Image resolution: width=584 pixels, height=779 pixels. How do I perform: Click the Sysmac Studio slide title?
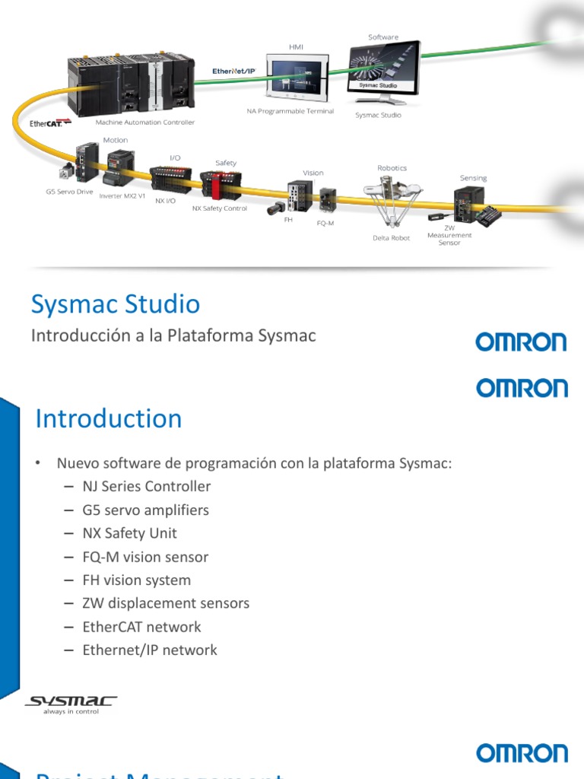click(x=116, y=305)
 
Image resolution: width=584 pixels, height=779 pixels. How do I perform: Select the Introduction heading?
click(x=109, y=419)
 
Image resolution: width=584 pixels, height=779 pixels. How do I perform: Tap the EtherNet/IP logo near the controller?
click(x=234, y=70)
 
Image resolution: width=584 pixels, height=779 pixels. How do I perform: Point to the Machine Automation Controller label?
click(x=144, y=122)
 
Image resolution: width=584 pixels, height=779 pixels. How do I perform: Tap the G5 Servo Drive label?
click(x=69, y=192)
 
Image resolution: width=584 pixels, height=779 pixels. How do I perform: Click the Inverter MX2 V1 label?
click(x=122, y=196)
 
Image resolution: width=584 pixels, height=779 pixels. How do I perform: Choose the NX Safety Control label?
click(x=219, y=208)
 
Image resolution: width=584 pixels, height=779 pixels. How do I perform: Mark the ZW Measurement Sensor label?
click(x=449, y=235)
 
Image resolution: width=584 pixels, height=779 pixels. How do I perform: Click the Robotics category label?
click(x=392, y=167)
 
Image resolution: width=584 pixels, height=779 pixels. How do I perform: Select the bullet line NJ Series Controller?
click(x=147, y=486)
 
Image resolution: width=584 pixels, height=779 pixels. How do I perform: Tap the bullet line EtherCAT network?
click(x=141, y=627)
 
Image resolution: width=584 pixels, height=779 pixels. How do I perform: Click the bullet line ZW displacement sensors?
click(x=166, y=603)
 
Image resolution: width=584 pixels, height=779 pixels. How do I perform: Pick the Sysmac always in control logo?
click(x=71, y=704)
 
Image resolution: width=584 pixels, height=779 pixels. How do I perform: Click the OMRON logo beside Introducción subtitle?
click(x=521, y=342)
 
